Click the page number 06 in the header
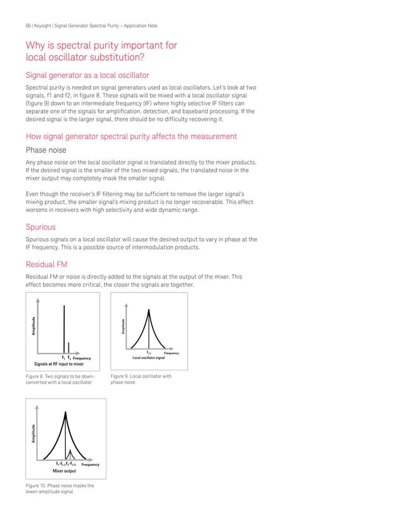(x=28, y=25)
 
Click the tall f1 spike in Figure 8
(x=63, y=329)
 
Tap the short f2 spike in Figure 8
(x=68, y=348)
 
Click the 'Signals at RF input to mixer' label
(x=59, y=364)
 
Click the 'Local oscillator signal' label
(x=148, y=358)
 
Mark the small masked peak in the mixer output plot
(x=70, y=451)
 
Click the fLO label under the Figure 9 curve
(x=149, y=353)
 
